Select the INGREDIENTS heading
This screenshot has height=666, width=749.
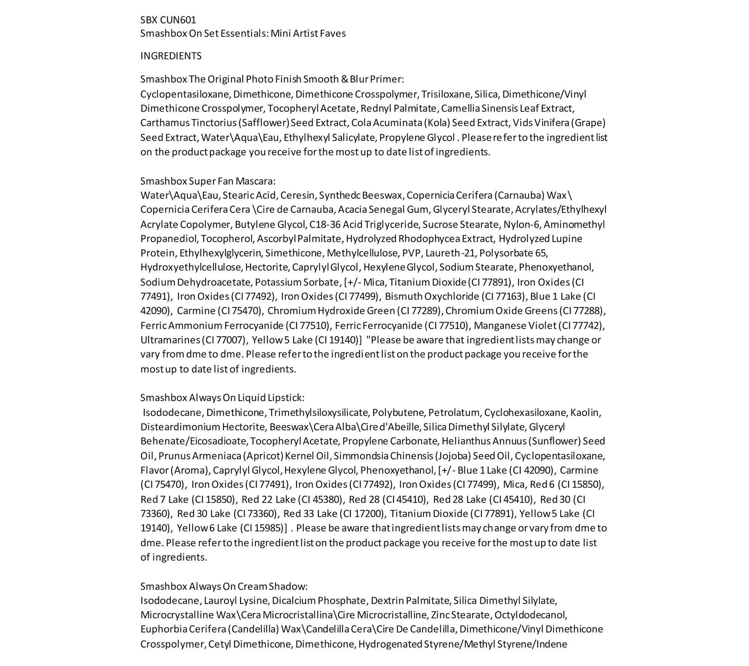tap(171, 56)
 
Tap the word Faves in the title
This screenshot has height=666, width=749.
tap(333, 33)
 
